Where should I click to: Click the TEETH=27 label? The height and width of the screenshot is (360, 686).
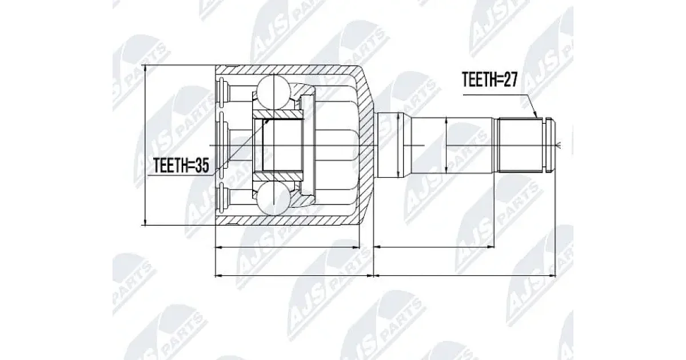click(489, 80)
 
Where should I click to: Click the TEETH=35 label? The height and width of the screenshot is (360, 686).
click(181, 166)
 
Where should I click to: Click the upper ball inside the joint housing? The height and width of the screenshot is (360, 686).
click(273, 92)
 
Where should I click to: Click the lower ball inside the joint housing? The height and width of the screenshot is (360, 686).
click(273, 198)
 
